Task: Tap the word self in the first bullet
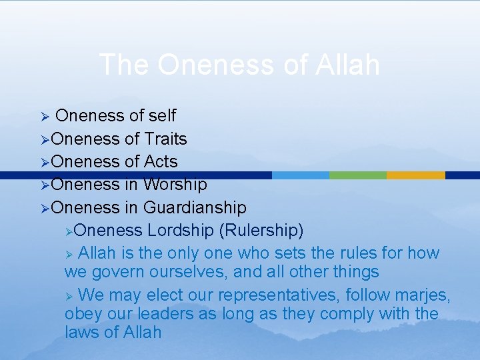point(162,116)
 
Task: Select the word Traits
point(165,139)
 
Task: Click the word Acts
point(161,161)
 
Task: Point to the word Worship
point(175,184)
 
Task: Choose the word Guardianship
point(195,207)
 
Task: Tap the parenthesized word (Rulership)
point(261,231)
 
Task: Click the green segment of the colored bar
point(358,175)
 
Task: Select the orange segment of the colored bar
point(415,175)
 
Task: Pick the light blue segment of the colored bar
point(301,175)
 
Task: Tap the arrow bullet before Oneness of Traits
point(45,139)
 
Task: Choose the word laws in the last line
point(82,332)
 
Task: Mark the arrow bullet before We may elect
point(69,295)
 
